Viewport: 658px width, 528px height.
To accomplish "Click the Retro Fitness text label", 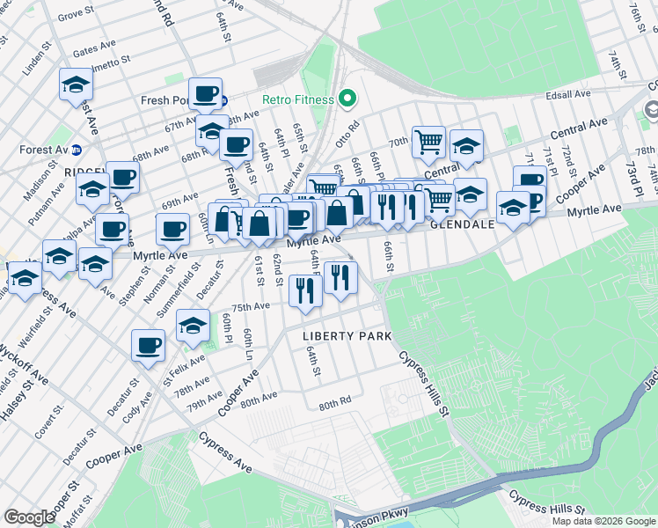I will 298,99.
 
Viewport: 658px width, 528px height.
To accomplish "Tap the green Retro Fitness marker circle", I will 347,99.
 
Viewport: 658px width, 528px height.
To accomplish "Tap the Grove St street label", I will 77,13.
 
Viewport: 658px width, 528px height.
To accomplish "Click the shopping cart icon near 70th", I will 428,140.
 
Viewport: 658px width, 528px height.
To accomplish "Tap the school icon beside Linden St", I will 77,84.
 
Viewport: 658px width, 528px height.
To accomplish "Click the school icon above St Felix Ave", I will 193,325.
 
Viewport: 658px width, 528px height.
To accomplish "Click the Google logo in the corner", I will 29,517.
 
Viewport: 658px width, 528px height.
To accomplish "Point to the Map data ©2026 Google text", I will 603,521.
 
